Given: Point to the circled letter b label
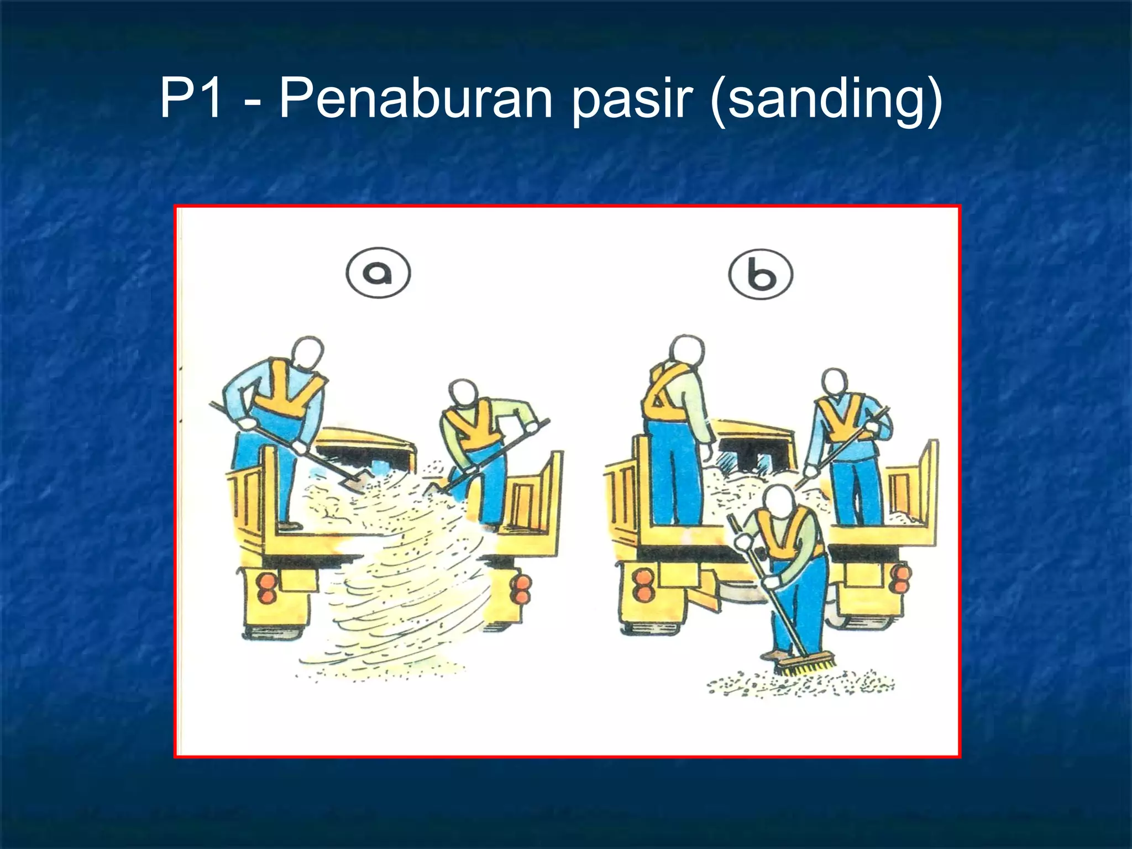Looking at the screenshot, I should [761, 275].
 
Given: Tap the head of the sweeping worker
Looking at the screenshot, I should [782, 502].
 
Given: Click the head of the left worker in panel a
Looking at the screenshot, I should [307, 354].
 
